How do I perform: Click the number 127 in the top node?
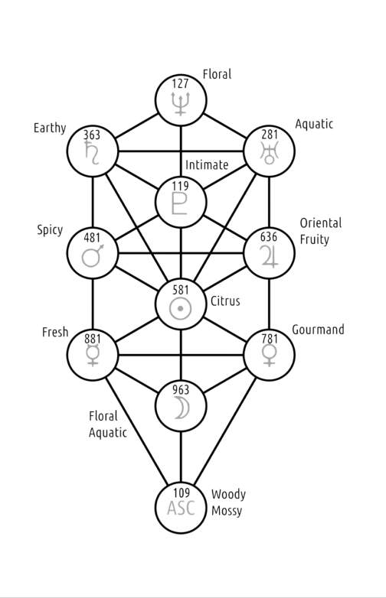point(180,83)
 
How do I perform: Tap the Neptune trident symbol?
point(181,103)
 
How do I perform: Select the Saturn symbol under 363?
point(92,152)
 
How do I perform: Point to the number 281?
point(270,135)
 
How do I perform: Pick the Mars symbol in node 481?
point(93,255)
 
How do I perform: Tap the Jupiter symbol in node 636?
point(269,256)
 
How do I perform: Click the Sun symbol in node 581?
point(181,308)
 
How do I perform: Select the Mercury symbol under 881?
point(93,356)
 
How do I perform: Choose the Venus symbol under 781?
point(269,356)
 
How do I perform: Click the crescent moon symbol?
point(182,408)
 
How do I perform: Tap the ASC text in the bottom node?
point(181,508)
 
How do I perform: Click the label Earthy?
point(50,128)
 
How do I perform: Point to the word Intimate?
point(207,164)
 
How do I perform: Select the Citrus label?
point(225,301)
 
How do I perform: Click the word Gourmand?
point(318,330)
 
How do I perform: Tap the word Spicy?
point(50,230)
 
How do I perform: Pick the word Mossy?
point(227,511)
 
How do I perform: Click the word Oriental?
point(321,223)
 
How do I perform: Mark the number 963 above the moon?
point(181,390)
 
